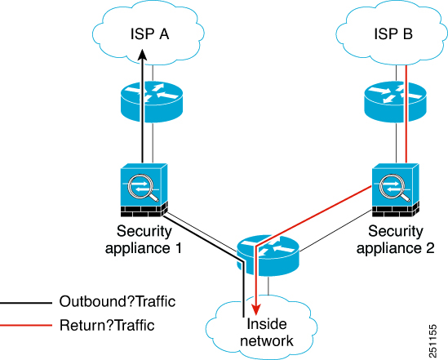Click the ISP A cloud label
click(x=149, y=34)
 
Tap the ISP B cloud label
click(x=393, y=34)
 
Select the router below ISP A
click(x=152, y=102)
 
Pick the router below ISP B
click(x=396, y=102)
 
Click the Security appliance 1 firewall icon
click(x=144, y=190)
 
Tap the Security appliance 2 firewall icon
click(x=396, y=190)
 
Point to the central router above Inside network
click(x=268, y=256)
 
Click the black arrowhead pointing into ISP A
click(x=142, y=55)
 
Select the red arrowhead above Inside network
click(x=256, y=309)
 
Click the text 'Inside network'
click(x=267, y=332)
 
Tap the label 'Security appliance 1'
click(x=144, y=239)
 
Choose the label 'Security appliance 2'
click(x=396, y=239)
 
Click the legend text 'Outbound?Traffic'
click(x=118, y=301)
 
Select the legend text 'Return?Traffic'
click(x=107, y=325)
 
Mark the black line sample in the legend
click(x=26, y=303)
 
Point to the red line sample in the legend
click(x=26, y=325)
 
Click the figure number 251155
click(x=433, y=340)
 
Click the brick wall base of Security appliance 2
click(x=396, y=211)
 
